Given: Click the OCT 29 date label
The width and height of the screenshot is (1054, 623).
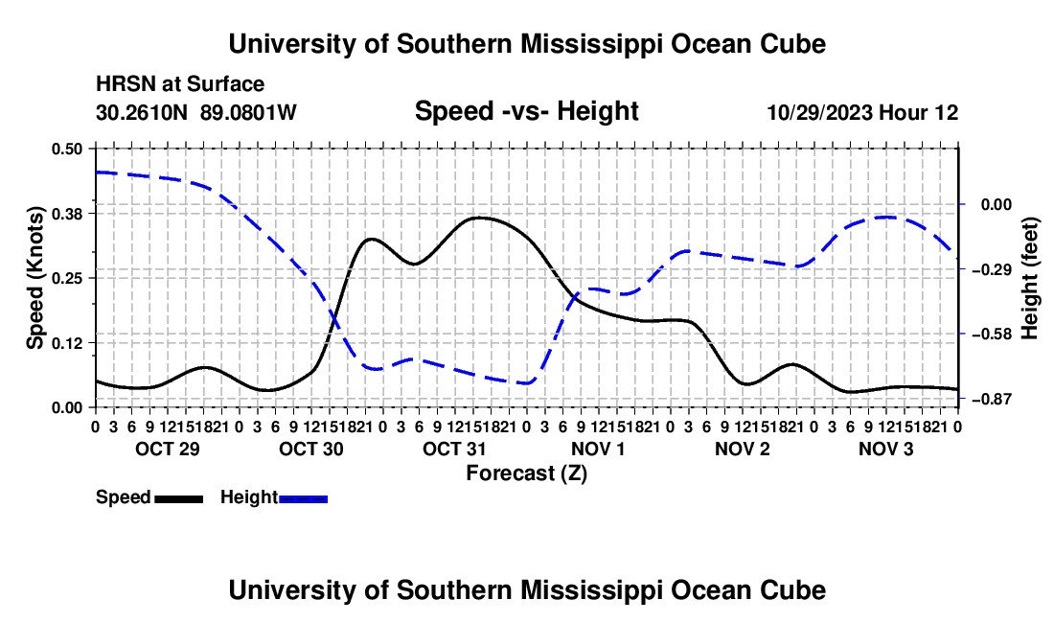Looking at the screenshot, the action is click(168, 449).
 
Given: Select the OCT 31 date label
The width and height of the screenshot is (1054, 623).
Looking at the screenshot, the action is click(454, 449).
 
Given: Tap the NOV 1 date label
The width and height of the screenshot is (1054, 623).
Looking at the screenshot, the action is click(598, 449).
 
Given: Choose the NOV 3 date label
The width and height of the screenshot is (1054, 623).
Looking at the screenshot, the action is click(886, 449).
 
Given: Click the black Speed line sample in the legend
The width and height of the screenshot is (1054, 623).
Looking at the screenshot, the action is click(179, 499).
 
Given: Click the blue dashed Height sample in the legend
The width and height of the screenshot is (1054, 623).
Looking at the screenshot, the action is click(303, 499).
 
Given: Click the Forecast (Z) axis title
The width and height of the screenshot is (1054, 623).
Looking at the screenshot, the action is click(527, 473).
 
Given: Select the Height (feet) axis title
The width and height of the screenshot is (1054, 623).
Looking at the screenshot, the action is click(1030, 278).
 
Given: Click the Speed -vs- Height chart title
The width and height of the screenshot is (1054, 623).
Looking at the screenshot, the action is click(527, 111).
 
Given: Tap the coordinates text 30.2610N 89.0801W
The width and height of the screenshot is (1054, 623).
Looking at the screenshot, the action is click(196, 112).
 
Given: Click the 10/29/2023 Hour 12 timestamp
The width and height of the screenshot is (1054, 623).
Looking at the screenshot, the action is click(863, 112).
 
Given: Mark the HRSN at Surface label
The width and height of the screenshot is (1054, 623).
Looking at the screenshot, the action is click(180, 84).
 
